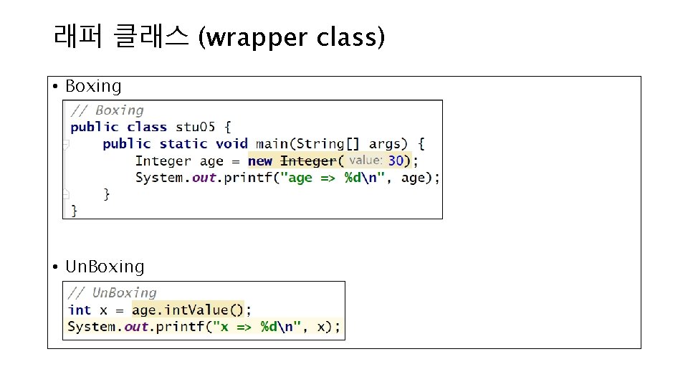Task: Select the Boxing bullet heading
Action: pyautogui.click(x=93, y=86)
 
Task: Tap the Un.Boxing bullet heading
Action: pyautogui.click(x=105, y=267)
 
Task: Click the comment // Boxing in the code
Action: pyautogui.click(x=107, y=110)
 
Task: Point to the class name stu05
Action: pyautogui.click(x=194, y=127)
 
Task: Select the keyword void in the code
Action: pyautogui.click(x=231, y=144)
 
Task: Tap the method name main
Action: pyautogui.click(x=272, y=144)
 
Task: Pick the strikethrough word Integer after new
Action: pyautogui.click(x=308, y=161)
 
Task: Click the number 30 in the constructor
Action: pyautogui.click(x=396, y=161)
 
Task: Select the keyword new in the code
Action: pyautogui.click(x=261, y=161)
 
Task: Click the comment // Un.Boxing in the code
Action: pyautogui.click(x=112, y=292)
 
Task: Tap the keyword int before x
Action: pyautogui.click(x=80, y=310)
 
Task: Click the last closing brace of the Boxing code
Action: pyautogui.click(x=74, y=210)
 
